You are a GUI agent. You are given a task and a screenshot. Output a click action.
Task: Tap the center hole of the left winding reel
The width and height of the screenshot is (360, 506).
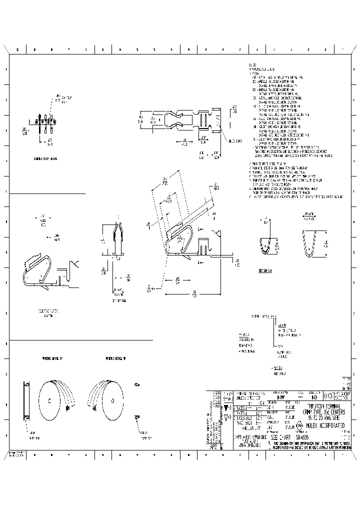coord(49,401)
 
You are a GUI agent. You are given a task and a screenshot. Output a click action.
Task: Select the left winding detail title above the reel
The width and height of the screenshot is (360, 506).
coord(51,358)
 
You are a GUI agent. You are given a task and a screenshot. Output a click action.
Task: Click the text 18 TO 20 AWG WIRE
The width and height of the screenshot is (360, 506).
coord(323,416)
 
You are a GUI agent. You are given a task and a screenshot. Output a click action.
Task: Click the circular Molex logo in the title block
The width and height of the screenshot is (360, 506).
coord(299,426)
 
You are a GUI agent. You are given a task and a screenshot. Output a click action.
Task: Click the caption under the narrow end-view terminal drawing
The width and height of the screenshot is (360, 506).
coord(119,300)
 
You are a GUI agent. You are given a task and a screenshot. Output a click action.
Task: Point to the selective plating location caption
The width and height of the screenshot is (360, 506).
coord(47,313)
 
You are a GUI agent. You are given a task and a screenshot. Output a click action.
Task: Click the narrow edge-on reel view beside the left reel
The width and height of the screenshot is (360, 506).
coord(26,401)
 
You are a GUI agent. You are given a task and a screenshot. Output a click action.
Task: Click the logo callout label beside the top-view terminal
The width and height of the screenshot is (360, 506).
coord(235,141)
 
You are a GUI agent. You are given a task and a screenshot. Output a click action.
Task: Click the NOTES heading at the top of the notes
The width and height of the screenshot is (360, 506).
coord(252,65)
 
